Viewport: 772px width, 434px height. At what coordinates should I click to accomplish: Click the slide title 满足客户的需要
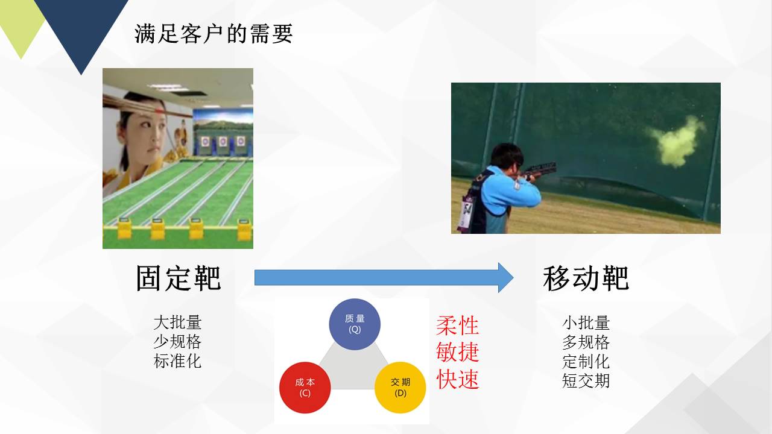tap(214, 34)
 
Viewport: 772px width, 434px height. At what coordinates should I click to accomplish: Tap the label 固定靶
tap(178, 278)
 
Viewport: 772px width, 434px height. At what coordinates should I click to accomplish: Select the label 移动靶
tap(586, 278)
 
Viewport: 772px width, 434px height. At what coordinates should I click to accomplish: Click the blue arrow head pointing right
tap(505, 278)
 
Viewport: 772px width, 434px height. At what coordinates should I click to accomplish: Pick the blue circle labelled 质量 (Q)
tap(355, 324)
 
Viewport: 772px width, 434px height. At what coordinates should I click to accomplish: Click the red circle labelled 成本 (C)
tap(305, 388)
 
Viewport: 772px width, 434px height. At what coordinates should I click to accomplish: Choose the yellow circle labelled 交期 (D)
tap(400, 388)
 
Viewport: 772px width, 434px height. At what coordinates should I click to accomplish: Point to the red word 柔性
tap(457, 325)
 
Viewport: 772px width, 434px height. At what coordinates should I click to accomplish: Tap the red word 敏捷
tap(457, 352)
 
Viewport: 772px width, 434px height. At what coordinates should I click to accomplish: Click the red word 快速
tap(457, 379)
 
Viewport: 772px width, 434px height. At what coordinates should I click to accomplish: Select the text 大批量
tap(177, 322)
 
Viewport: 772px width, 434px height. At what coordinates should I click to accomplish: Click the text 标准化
tap(177, 361)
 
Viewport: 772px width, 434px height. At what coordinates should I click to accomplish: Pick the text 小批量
tap(586, 322)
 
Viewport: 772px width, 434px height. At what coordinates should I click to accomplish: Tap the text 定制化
tap(586, 361)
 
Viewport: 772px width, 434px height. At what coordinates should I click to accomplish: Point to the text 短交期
tap(586, 380)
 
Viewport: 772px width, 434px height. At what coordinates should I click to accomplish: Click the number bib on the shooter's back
tap(466, 213)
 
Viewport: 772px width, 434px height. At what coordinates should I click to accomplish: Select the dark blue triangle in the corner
tap(81, 28)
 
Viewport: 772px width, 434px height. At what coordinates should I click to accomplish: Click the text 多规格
tap(586, 342)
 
